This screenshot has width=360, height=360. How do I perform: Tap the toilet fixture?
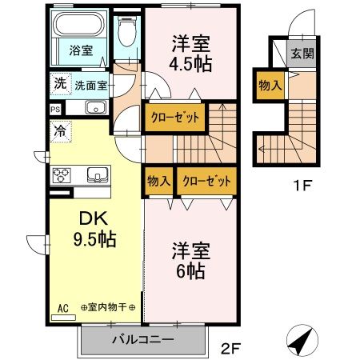pyautogui.click(x=126, y=36)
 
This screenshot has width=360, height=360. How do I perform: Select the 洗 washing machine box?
pyautogui.click(x=60, y=82)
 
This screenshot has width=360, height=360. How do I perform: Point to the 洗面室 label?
pyautogui.click(x=90, y=84)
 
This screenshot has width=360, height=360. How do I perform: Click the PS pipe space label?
pyautogui.click(x=54, y=109)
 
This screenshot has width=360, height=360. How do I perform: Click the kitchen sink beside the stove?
pyautogui.click(x=96, y=175)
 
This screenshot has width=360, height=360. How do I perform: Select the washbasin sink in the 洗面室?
pyautogui.click(x=94, y=108)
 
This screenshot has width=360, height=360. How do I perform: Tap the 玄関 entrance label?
pyautogui.click(x=302, y=54)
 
